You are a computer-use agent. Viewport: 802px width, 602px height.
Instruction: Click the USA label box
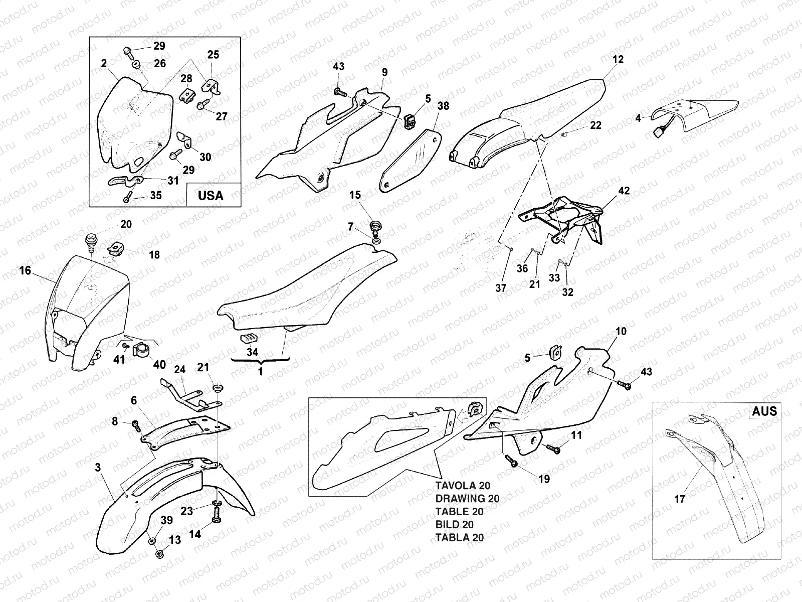point(211,195)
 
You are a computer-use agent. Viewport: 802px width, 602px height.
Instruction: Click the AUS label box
point(764,411)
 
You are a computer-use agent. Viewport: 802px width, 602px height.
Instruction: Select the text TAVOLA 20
point(463,486)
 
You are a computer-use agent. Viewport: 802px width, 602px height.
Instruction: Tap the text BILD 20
point(455,525)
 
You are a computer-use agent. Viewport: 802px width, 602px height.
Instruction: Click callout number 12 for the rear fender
point(618,59)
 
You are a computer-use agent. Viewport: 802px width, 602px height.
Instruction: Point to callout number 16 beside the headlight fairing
point(25,271)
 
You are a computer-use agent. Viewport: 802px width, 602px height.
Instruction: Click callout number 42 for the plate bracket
point(624,191)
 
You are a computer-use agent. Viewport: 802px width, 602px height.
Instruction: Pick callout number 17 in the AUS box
point(680,499)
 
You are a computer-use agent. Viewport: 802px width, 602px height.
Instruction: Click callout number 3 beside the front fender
point(98,468)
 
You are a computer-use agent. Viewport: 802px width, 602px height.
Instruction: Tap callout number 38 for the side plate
point(443,106)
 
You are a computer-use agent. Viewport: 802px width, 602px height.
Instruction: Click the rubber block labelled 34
point(249,338)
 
